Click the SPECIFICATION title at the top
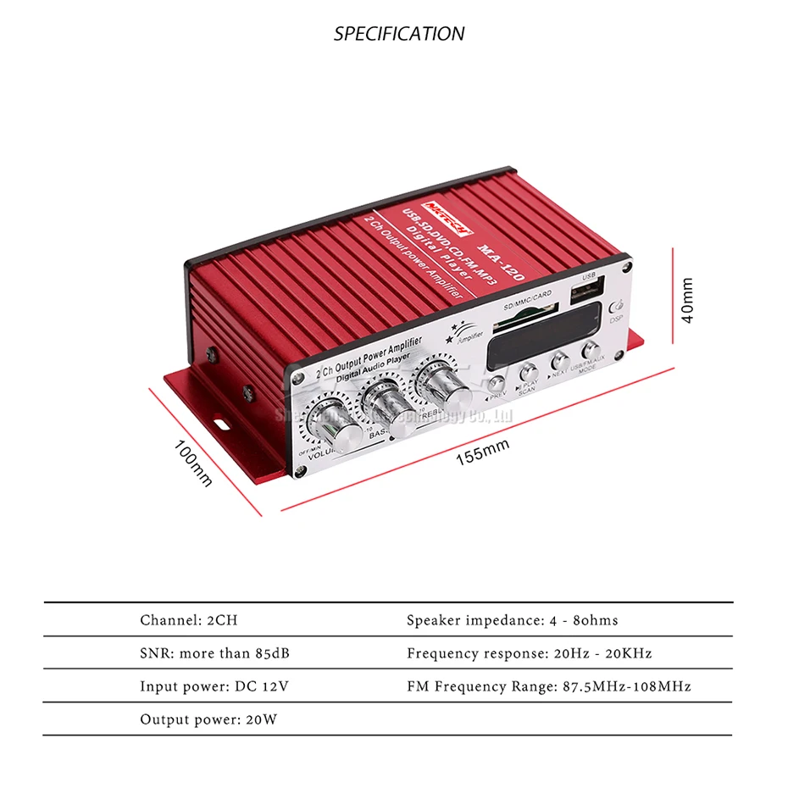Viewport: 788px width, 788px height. tap(398, 34)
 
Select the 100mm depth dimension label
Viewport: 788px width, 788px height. tap(194, 463)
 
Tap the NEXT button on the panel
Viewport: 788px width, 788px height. tap(558, 359)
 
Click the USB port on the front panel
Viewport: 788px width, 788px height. tap(589, 294)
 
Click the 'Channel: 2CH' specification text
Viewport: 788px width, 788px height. tap(189, 620)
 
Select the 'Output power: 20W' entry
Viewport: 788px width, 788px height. tap(208, 720)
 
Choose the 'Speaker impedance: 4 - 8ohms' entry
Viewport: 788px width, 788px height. tap(512, 620)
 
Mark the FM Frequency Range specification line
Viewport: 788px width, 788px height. tap(548, 686)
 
